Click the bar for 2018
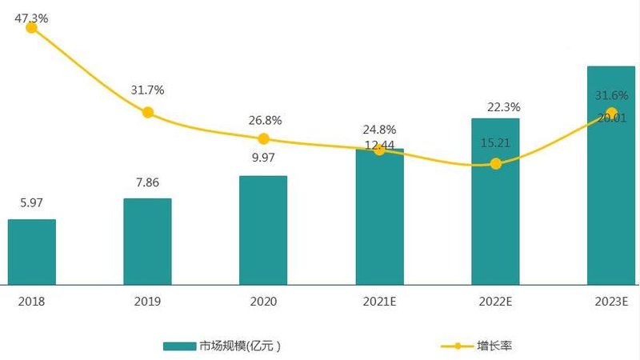pyautogui.click(x=32, y=251)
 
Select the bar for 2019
pyautogui.click(x=147, y=241)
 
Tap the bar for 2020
pyautogui.click(x=263, y=230)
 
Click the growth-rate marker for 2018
pyautogui.click(x=32, y=27)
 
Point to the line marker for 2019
pyautogui.click(x=148, y=112)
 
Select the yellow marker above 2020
pyautogui.click(x=263, y=138)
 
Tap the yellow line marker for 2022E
pyautogui.click(x=495, y=163)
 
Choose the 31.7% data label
pyautogui.click(x=148, y=90)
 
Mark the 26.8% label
pyautogui.click(x=265, y=120)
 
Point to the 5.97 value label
pyautogui.click(x=32, y=203)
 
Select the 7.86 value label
pyautogui.click(x=147, y=182)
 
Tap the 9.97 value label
pyautogui.click(x=263, y=158)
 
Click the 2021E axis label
pyautogui.click(x=379, y=302)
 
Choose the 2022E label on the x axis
pyautogui.click(x=495, y=302)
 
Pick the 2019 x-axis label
pyautogui.click(x=148, y=302)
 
